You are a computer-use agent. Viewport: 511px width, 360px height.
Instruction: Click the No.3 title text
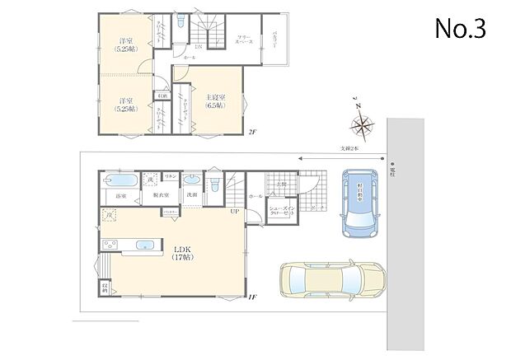[x=461, y=29]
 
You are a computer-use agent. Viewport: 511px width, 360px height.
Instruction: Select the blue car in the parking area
[x=360, y=202]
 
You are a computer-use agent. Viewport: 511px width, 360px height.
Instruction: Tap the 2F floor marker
[x=253, y=132]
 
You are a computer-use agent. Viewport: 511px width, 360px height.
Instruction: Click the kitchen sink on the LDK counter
[x=145, y=244]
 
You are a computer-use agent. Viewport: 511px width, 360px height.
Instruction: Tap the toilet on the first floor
[x=214, y=183]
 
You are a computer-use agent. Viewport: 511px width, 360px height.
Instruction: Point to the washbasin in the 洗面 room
[x=190, y=180]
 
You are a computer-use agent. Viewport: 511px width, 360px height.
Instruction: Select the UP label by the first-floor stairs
[x=235, y=212]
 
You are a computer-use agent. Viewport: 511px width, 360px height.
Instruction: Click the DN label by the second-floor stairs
[x=198, y=47]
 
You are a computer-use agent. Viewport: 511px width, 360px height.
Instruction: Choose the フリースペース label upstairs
[x=244, y=40]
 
